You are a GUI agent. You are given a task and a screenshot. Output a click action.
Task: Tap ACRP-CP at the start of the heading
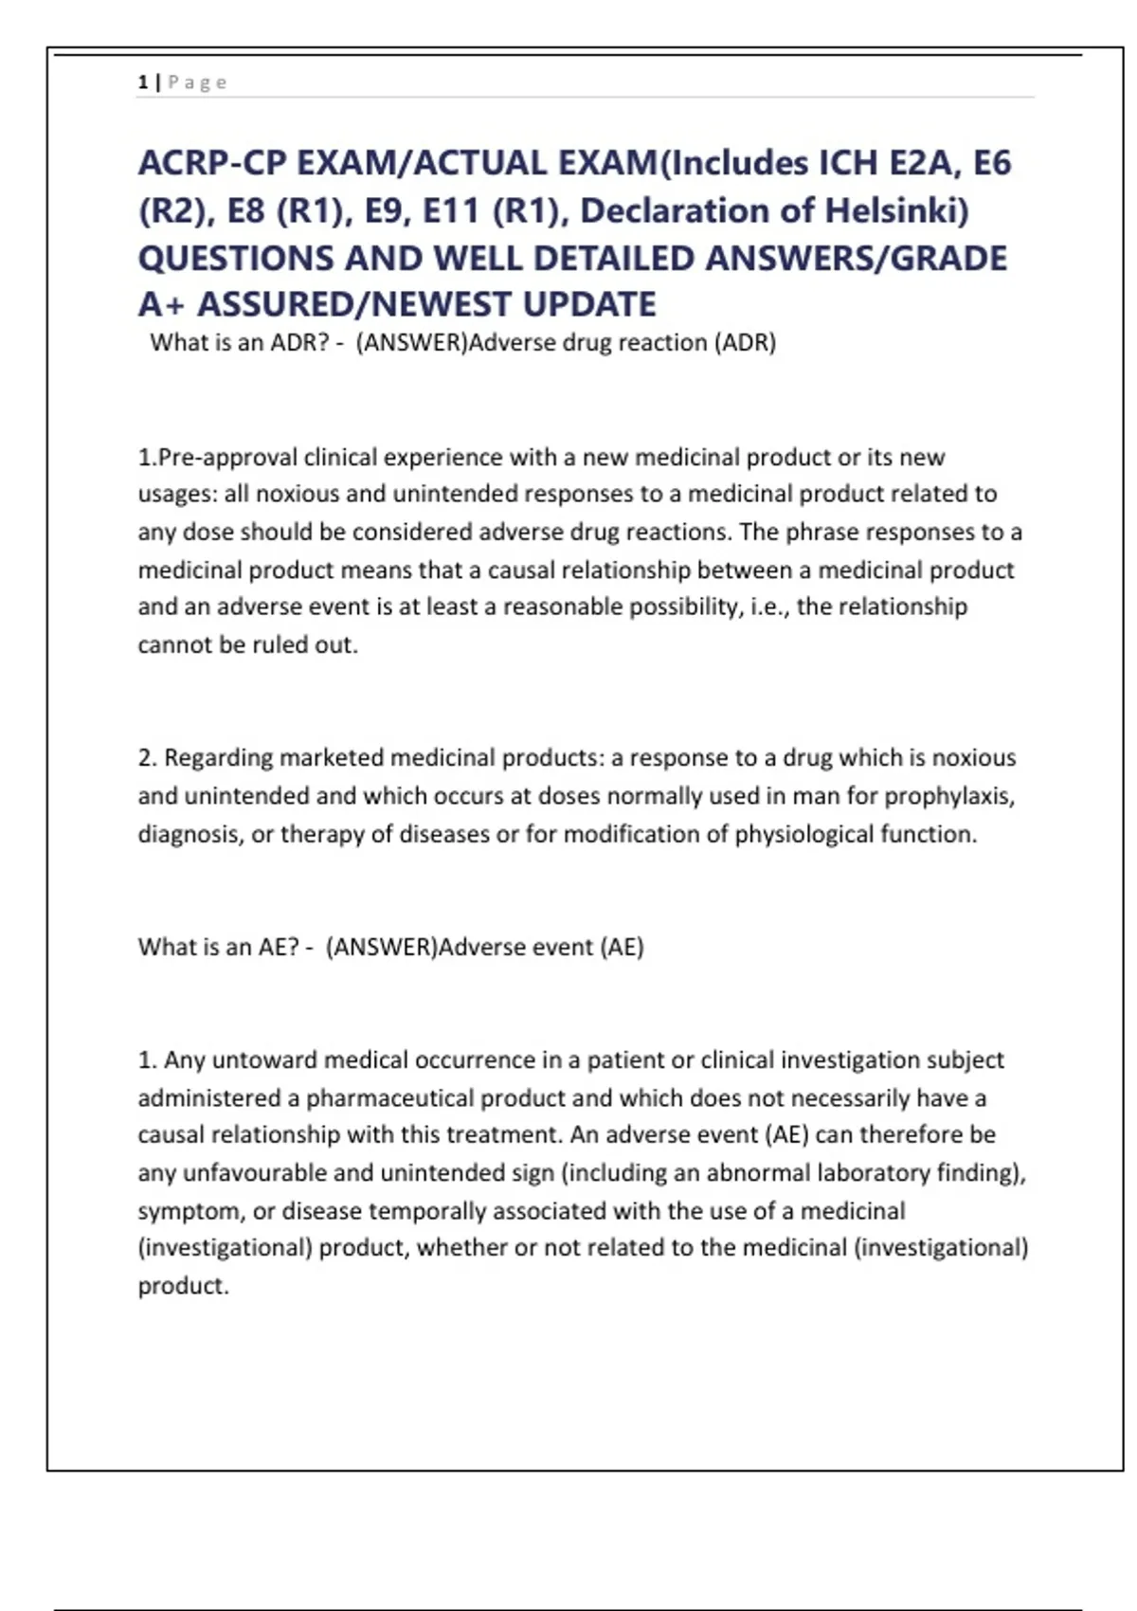coord(213,163)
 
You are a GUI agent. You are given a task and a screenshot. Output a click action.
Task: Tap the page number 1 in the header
coord(143,82)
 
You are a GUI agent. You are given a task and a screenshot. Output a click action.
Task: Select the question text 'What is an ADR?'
coord(240,342)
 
